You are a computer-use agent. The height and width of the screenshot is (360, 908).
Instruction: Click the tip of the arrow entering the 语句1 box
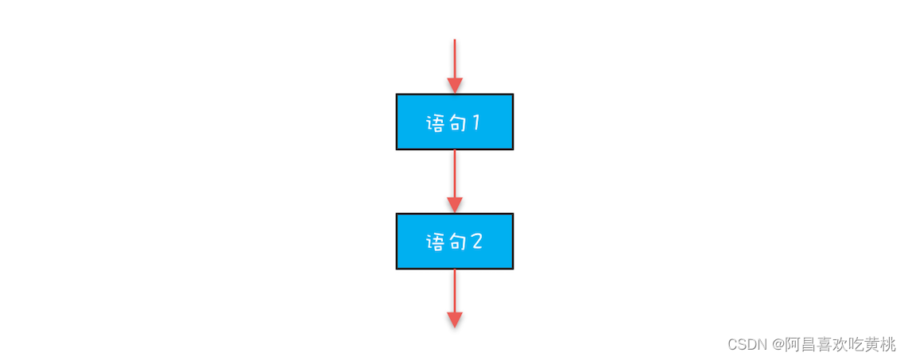point(455,93)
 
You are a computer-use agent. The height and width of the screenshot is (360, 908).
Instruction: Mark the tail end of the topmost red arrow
point(455,40)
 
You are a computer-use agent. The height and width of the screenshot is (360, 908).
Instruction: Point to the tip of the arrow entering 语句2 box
point(455,212)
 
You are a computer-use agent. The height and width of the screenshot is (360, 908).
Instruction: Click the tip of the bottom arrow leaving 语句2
point(455,327)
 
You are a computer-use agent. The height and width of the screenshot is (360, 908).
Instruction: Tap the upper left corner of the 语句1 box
point(396,94)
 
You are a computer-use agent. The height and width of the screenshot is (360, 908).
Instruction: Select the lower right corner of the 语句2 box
point(513,269)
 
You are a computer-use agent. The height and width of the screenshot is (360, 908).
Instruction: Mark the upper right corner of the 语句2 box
point(513,214)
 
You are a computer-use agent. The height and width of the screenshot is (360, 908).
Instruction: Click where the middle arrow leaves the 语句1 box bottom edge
point(455,150)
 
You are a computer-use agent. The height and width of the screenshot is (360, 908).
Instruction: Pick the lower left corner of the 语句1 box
point(396,150)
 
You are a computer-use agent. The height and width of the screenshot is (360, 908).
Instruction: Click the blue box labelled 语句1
point(455,122)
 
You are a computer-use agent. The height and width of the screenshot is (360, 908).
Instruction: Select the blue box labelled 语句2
point(455,242)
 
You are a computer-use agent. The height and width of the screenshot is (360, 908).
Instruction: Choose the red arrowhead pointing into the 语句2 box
point(455,205)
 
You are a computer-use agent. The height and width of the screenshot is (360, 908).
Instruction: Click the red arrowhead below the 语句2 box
point(455,320)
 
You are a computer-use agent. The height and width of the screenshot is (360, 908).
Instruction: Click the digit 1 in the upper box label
point(476,122)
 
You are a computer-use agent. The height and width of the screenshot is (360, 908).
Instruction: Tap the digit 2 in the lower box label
point(476,242)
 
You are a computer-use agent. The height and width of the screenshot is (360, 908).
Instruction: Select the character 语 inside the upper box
point(436,122)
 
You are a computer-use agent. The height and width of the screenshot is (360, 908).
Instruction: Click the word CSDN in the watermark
point(747,345)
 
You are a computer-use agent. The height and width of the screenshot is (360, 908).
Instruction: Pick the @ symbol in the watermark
point(777,345)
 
